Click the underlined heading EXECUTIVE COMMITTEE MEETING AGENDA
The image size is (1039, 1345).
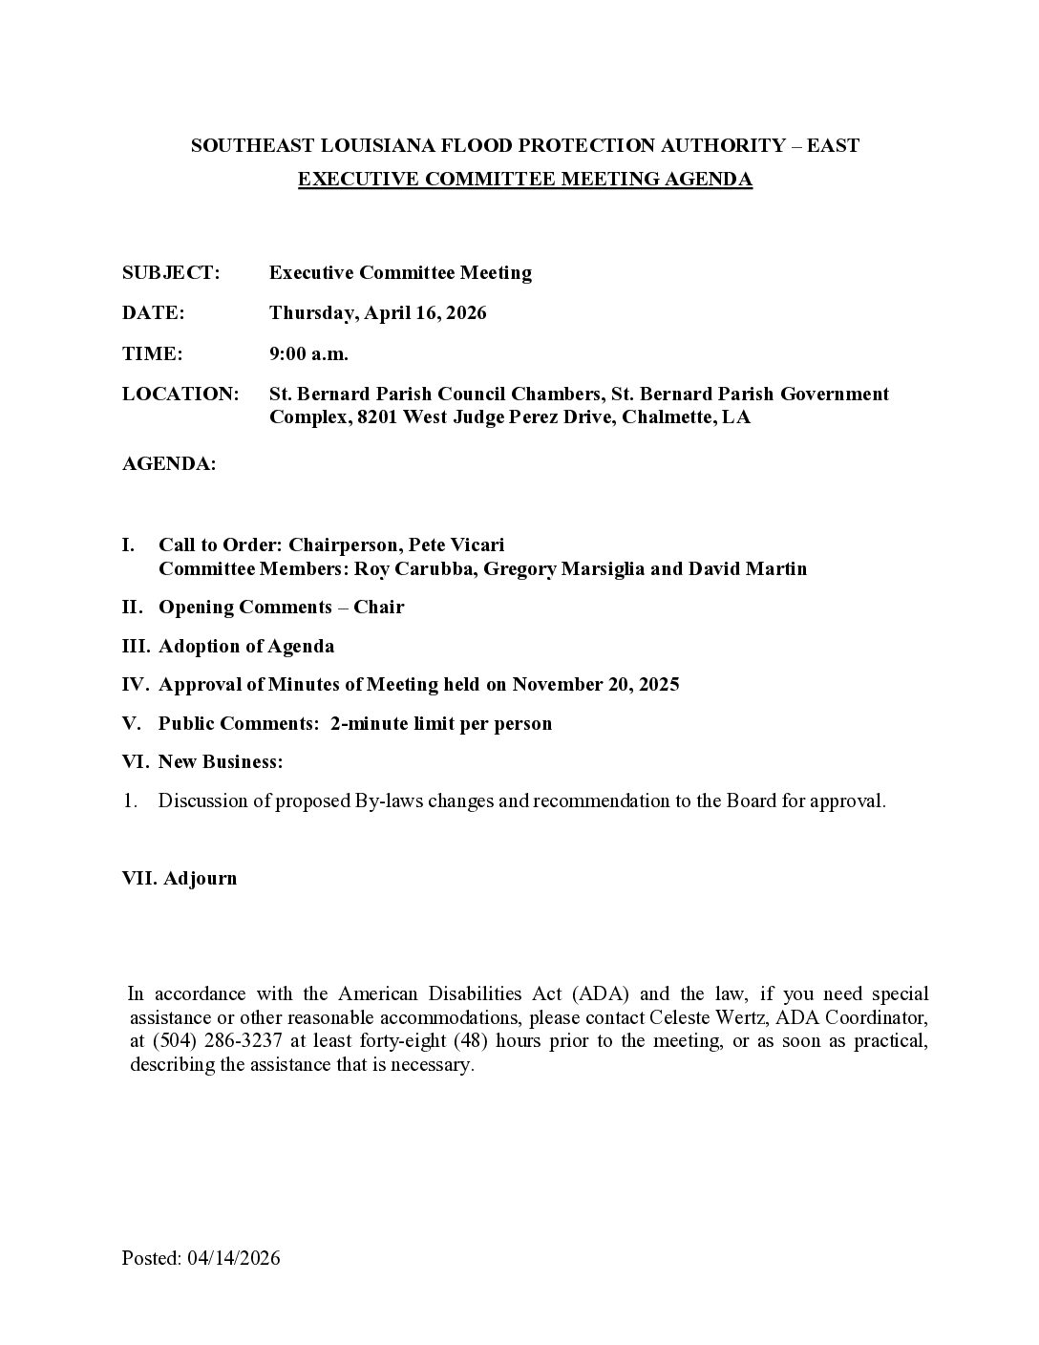tap(525, 179)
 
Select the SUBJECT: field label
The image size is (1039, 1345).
tap(171, 273)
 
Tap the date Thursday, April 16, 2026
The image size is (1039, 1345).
tap(377, 313)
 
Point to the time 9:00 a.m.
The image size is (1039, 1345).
tap(308, 353)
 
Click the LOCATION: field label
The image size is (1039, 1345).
tap(180, 394)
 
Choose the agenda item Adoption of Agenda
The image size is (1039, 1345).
tap(246, 647)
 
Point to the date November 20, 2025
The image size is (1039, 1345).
tap(596, 685)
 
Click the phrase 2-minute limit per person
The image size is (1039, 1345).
tap(441, 724)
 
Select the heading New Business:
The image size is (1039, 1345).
tap(221, 762)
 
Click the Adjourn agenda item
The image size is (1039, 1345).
tap(200, 879)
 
